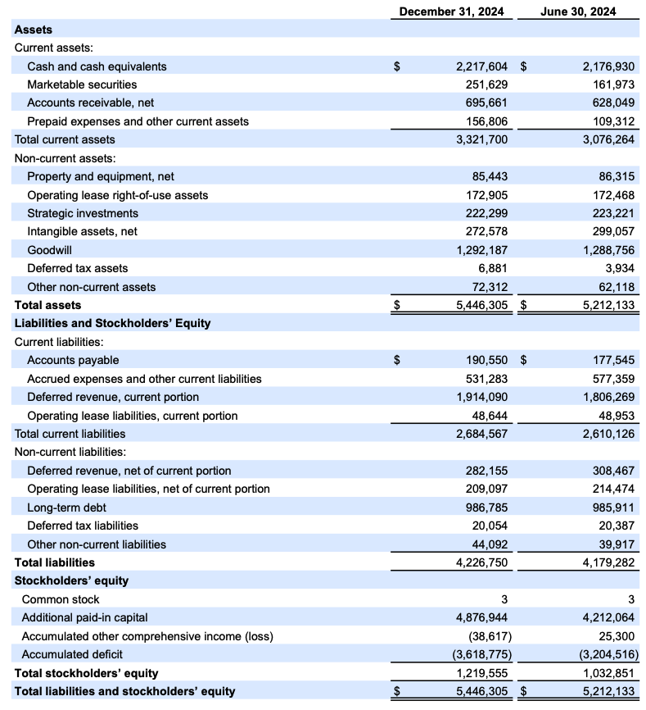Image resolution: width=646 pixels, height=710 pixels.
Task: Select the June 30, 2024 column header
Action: pos(579,11)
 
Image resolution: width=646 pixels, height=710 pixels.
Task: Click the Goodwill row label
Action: pos(50,250)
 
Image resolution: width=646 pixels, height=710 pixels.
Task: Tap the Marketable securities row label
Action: pos(82,84)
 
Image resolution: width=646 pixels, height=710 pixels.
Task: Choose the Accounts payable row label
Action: pos(73,360)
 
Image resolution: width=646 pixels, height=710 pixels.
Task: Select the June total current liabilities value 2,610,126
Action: pos(607,434)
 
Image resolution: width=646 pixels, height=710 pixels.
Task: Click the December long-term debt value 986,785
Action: pos(486,507)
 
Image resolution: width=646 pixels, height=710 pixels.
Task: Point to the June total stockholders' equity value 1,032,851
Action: pos(607,673)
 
